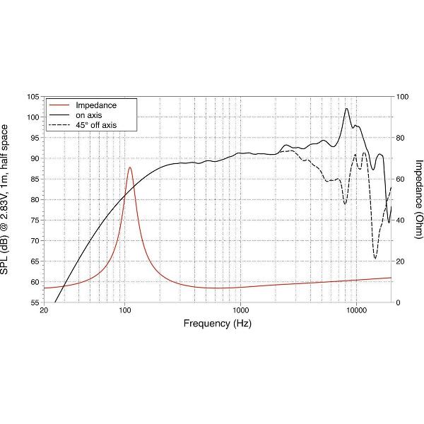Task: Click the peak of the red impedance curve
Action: click(x=130, y=167)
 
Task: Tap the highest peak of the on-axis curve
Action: click(x=346, y=109)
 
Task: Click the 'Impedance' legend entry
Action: click(x=96, y=105)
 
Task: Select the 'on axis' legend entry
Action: click(x=90, y=115)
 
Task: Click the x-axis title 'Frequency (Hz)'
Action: click(x=218, y=324)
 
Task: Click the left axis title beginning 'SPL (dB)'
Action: click(x=6, y=199)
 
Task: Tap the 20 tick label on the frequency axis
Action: click(x=45, y=311)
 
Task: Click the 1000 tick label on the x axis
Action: click(x=241, y=311)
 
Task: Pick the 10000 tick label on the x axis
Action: click(x=356, y=311)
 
